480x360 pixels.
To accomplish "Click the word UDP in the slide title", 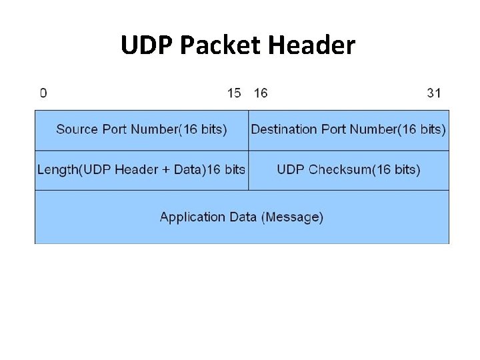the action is [144, 45].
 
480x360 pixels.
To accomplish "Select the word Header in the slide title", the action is [313, 45].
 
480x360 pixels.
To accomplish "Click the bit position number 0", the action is [43, 93].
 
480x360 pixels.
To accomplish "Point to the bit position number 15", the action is [234, 93].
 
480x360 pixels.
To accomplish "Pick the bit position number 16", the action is [261, 93].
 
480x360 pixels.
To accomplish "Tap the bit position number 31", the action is [434, 93].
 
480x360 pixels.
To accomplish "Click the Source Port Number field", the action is [141, 129].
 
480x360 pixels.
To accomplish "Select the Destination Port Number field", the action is [349, 129].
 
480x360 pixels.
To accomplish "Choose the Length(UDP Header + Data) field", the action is [141, 169].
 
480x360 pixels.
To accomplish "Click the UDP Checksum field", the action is [349, 169].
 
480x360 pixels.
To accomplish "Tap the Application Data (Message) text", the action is [241, 217].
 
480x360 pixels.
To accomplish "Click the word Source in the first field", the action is [74, 129].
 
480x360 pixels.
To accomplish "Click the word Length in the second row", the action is [58, 169].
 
